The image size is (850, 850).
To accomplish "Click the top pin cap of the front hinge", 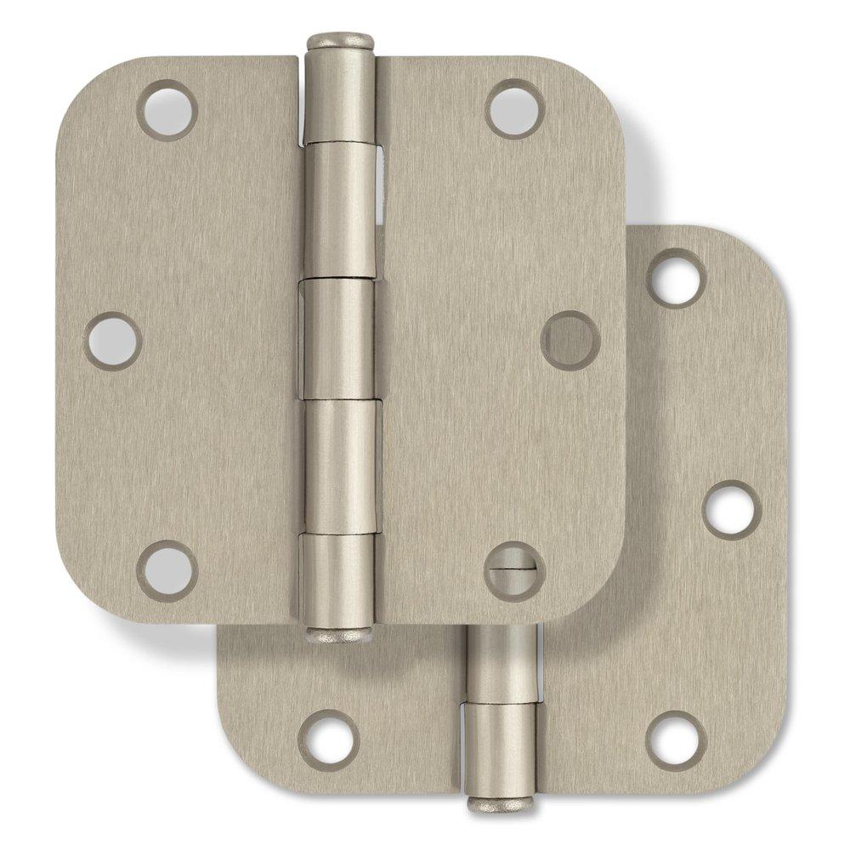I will coord(340,41).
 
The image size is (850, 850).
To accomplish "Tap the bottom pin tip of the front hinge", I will coord(338,633).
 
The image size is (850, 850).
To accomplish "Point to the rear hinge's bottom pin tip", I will coord(501,802).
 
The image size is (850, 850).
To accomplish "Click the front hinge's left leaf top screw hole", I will coord(167,110).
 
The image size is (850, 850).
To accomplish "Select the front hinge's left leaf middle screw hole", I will coord(113,340).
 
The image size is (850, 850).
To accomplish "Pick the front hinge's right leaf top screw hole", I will coord(515,109).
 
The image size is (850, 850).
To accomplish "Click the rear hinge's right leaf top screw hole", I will coord(676,278).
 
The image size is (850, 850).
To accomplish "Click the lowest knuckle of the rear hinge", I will coord(501,744).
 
